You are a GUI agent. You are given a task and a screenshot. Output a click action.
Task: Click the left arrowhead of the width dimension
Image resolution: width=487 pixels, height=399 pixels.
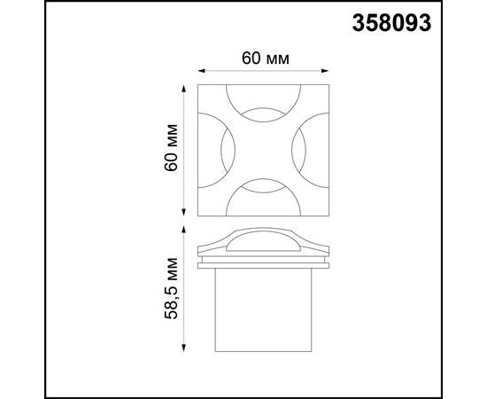198,73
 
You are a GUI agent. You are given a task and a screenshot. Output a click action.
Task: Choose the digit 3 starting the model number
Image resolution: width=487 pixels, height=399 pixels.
361,24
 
